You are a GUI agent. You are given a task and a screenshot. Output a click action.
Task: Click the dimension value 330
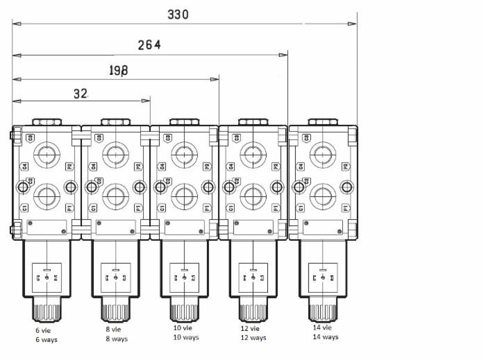178,14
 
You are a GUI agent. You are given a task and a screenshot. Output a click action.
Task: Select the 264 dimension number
149,45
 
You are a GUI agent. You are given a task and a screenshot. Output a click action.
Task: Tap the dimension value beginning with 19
118,70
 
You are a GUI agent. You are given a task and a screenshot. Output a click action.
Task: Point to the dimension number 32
81,94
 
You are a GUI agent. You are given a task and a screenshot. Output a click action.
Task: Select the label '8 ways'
117,339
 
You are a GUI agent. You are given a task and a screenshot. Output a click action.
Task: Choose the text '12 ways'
253,338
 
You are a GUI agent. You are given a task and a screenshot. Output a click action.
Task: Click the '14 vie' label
322,327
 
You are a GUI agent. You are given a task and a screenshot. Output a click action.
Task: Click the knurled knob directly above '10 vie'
184,311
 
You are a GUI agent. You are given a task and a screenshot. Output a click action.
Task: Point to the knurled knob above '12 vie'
253,311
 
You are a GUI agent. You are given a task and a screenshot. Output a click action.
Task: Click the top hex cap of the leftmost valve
47,122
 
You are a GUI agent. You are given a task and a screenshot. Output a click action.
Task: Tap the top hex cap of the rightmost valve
323,122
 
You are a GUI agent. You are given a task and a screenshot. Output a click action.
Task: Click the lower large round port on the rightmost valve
323,196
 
